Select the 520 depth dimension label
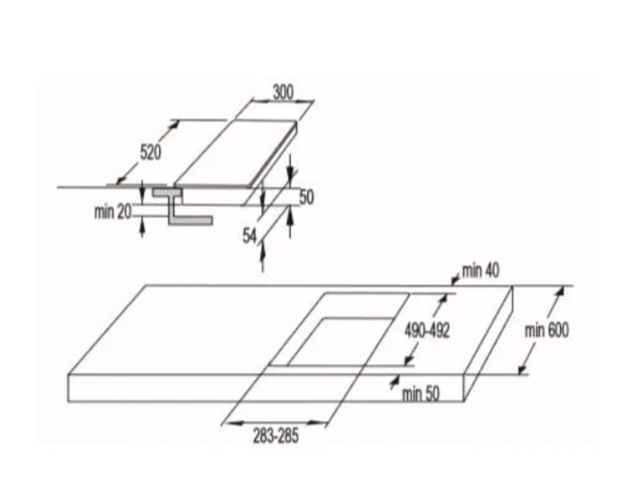(x=150, y=152)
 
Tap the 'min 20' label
(x=113, y=212)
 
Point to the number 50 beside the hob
(x=306, y=197)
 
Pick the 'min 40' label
(x=481, y=271)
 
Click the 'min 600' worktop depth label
(x=547, y=331)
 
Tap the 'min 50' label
(x=421, y=394)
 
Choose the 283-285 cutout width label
(x=276, y=436)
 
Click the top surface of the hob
(x=237, y=153)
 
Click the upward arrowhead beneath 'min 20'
(x=142, y=227)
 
